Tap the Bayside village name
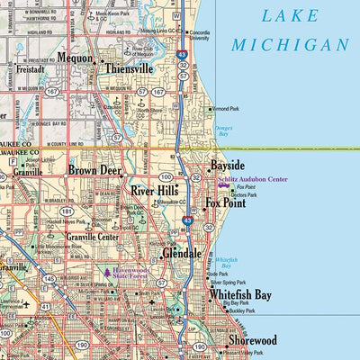pos(228,166)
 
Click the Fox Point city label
pos(226,202)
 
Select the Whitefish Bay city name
pos(240,294)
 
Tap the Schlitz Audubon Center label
pos(252,179)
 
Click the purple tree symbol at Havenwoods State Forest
pos(107,272)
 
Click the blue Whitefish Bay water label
pos(231,262)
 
